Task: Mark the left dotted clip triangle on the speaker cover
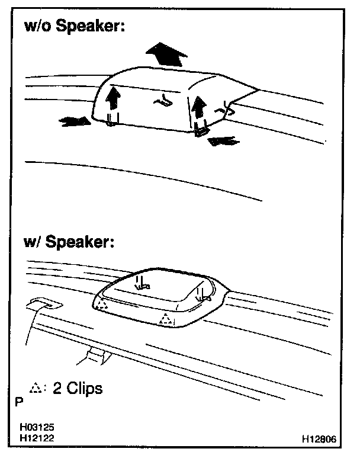(x=102, y=305)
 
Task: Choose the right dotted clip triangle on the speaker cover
(x=166, y=321)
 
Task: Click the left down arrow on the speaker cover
(x=140, y=283)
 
